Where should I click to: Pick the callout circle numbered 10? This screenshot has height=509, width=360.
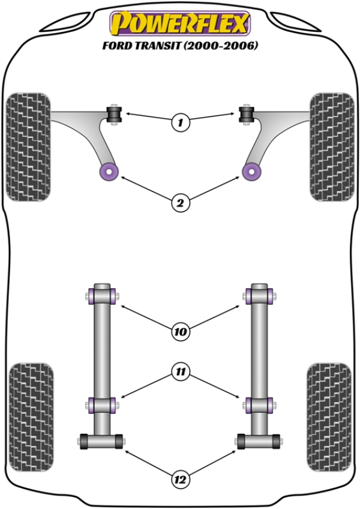click(x=180, y=331)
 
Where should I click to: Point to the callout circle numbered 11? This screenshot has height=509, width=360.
click(x=180, y=372)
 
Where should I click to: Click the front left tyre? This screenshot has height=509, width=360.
click(x=28, y=146)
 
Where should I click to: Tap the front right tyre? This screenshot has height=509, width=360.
click(x=331, y=146)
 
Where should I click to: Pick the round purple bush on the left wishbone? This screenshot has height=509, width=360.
click(x=109, y=171)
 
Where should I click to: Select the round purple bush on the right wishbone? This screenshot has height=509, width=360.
click(x=251, y=171)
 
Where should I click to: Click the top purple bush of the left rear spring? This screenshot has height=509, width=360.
click(x=101, y=296)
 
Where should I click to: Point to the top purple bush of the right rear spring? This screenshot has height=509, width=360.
click(x=259, y=296)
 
